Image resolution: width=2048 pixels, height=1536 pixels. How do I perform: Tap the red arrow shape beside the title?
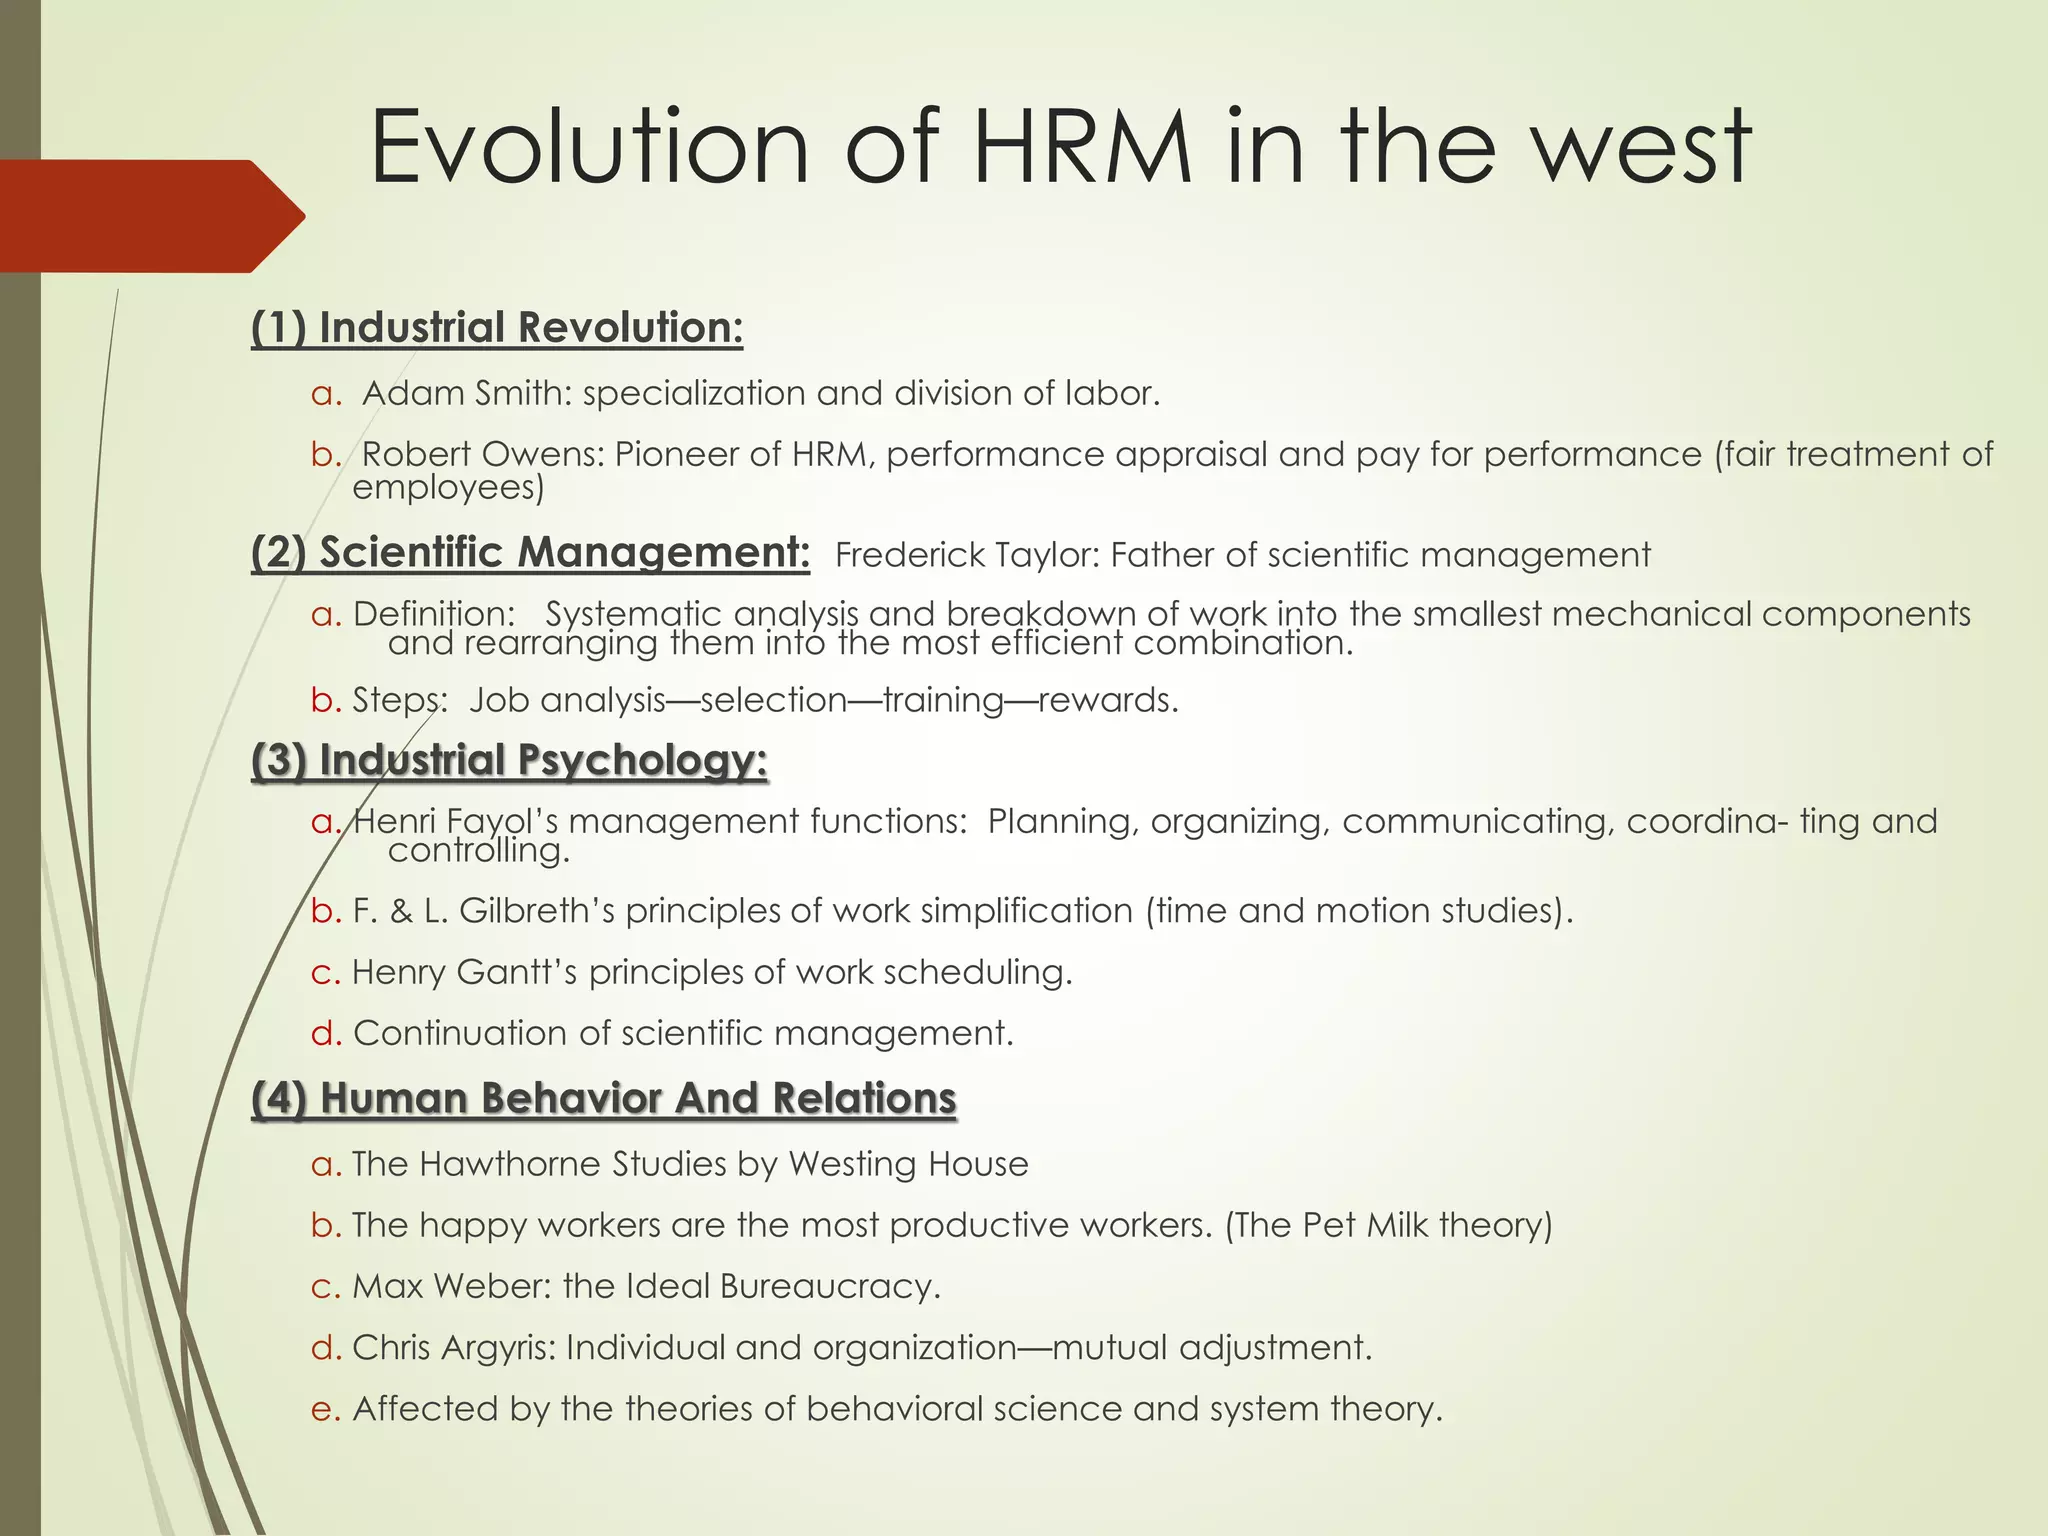pos(150,216)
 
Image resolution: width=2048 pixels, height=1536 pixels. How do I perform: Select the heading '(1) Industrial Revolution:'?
pos(497,328)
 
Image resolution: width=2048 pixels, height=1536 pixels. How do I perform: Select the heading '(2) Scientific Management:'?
pos(530,552)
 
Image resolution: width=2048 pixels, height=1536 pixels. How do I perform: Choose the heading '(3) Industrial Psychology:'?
pos(509,760)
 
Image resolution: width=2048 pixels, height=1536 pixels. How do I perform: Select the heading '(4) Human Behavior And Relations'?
pos(604,1098)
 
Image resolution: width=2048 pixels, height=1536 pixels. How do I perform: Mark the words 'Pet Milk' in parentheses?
pos(1365,1225)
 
